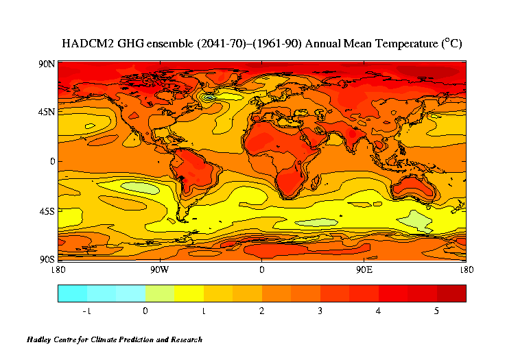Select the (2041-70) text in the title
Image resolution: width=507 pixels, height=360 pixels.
point(215,43)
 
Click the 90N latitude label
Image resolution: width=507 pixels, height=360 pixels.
point(47,64)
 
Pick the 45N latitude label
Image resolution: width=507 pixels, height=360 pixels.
point(47,113)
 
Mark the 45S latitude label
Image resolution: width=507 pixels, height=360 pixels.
point(47,211)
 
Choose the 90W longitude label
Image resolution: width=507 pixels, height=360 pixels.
point(159,269)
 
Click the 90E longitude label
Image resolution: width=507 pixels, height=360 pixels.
point(364,269)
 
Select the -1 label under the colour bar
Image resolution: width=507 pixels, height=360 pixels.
point(86,311)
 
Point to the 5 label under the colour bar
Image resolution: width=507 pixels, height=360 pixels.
point(436,311)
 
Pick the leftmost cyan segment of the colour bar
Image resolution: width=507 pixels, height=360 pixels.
point(72,293)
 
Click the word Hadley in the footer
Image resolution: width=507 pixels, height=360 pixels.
point(40,339)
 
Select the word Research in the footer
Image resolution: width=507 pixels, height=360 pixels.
point(185,339)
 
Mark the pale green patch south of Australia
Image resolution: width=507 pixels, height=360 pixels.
point(416,219)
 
